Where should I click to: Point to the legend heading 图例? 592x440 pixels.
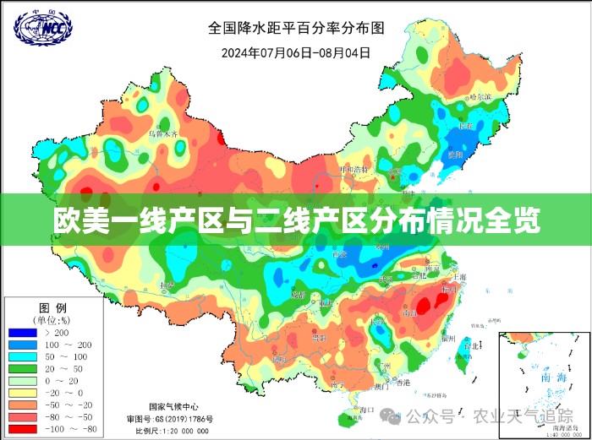point(53,307)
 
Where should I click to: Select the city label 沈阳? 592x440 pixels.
point(455,155)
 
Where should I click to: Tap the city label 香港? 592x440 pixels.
point(401,383)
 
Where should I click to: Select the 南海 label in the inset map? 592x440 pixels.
point(558,377)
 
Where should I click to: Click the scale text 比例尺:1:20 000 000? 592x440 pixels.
point(173,432)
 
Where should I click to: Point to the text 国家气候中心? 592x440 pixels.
point(173,405)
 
